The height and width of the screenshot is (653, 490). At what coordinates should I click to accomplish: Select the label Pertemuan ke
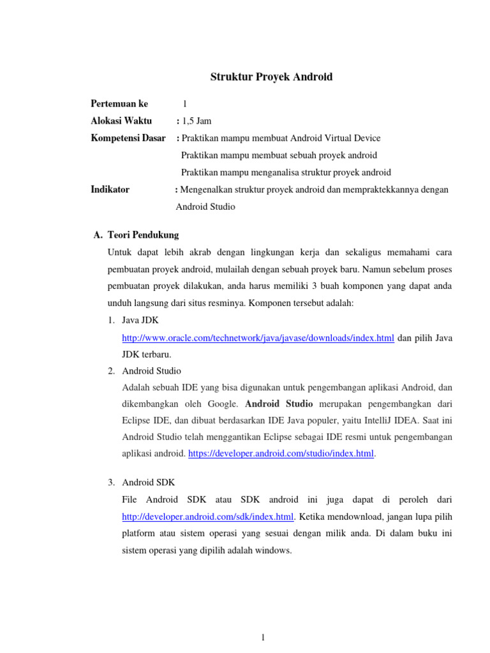click(119, 104)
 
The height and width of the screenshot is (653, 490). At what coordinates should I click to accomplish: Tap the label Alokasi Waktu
click(121, 121)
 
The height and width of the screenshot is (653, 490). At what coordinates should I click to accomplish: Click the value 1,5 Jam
click(197, 121)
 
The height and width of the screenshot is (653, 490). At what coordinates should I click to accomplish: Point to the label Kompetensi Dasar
click(128, 138)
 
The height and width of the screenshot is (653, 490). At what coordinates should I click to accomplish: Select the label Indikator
click(110, 189)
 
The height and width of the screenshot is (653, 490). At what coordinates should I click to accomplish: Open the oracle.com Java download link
click(258, 338)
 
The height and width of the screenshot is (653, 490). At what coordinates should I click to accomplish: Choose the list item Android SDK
click(148, 482)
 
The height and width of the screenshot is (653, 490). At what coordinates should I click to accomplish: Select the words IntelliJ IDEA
click(374, 420)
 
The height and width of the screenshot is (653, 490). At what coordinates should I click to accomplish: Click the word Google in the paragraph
click(223, 404)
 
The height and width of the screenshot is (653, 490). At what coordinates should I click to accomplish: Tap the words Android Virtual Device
click(336, 138)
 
